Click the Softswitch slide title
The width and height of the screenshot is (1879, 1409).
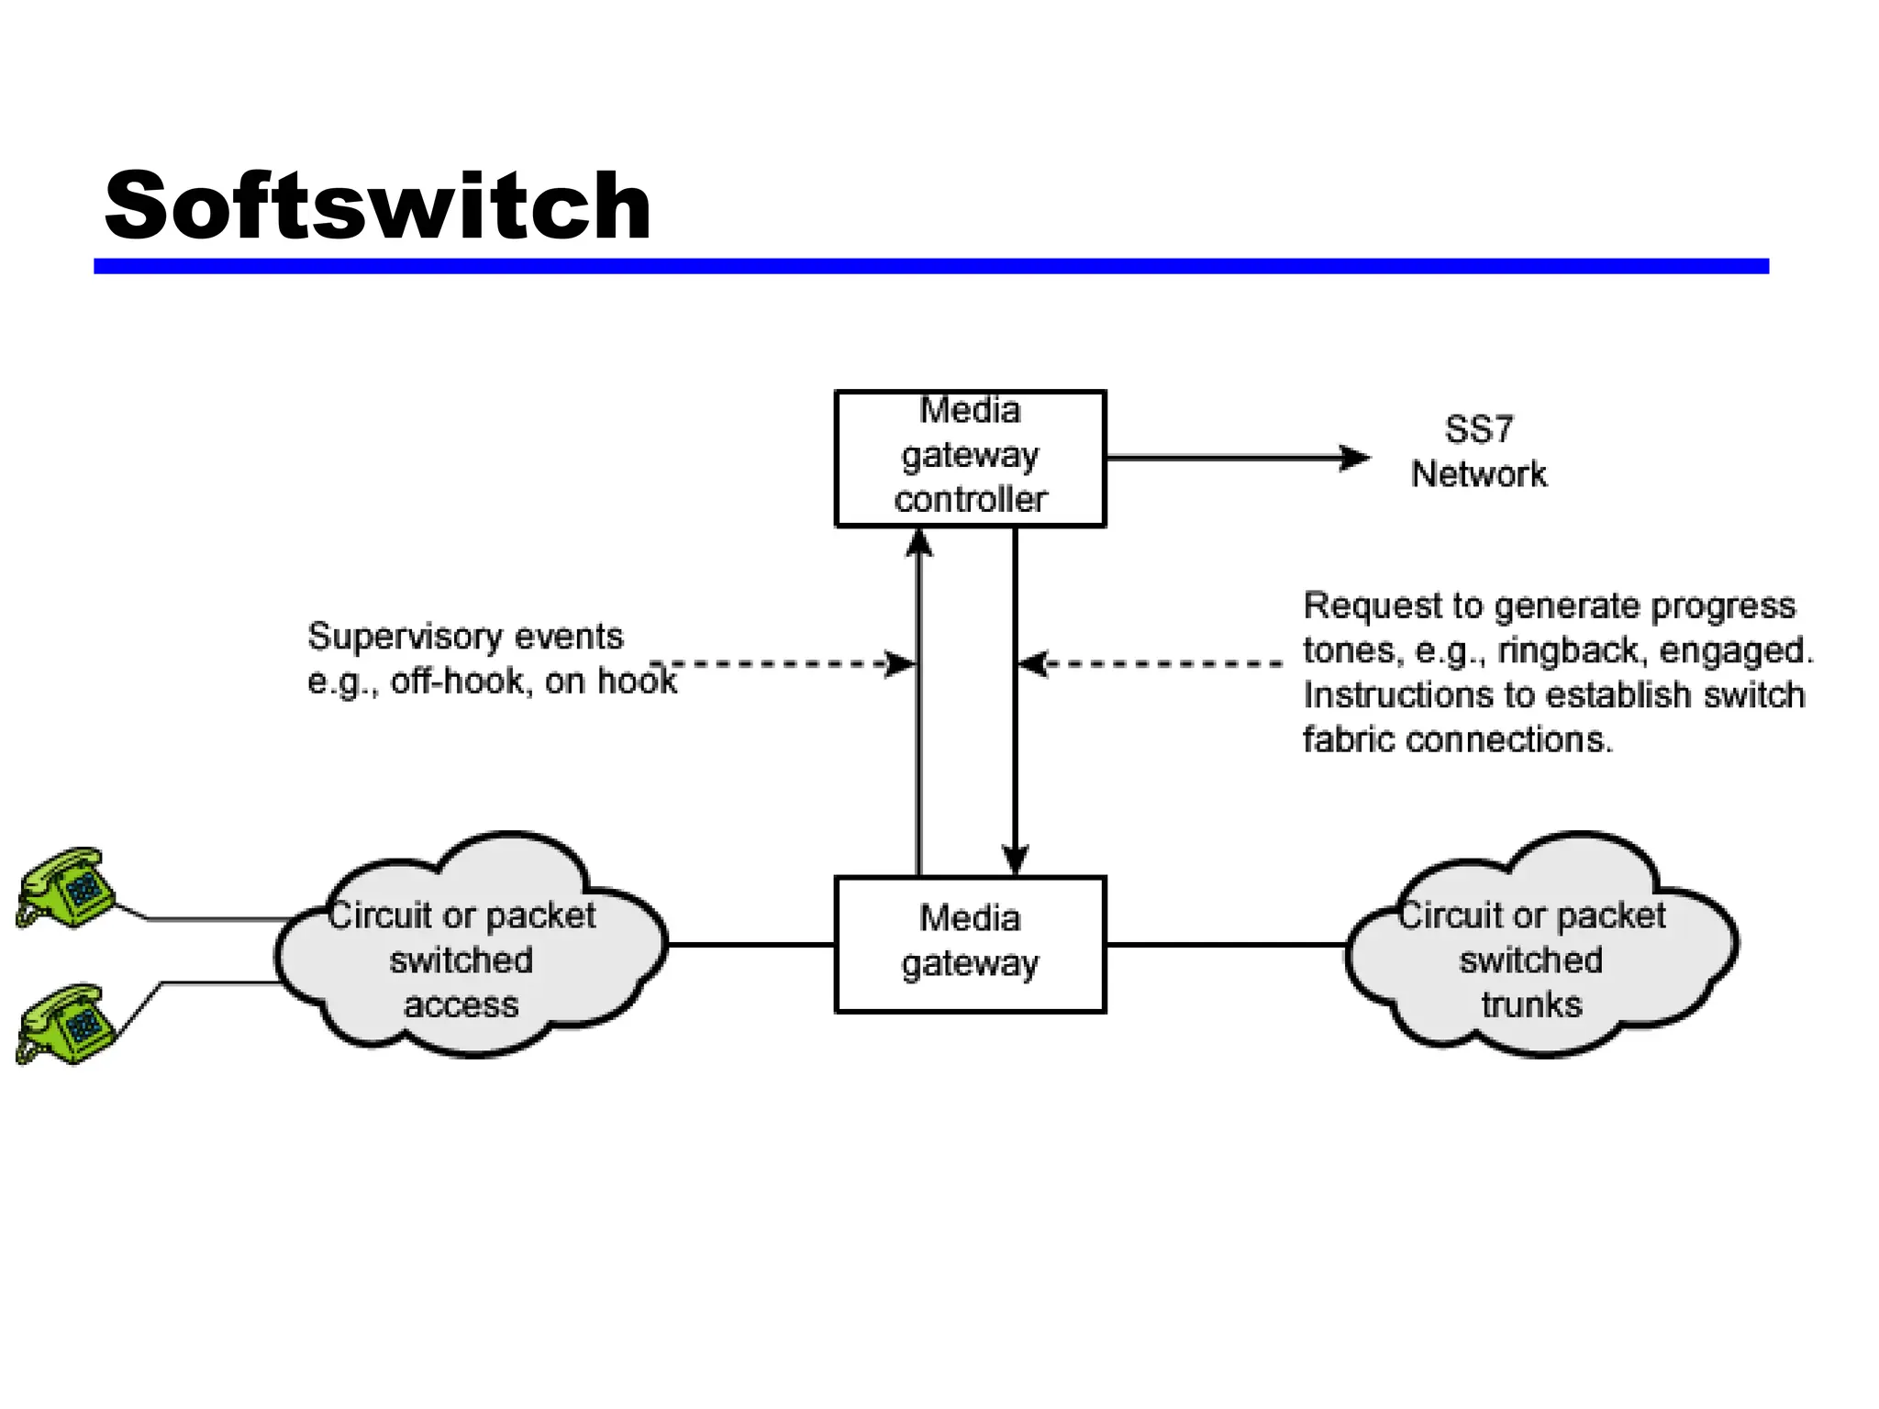[377, 206]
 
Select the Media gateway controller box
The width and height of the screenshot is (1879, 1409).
[970, 458]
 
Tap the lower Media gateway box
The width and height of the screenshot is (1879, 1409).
[970, 944]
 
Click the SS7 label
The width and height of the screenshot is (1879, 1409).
[1478, 429]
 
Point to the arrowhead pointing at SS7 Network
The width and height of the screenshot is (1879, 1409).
[1356, 458]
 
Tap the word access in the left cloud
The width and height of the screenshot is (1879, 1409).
[461, 1004]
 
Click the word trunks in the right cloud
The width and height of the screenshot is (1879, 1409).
[1531, 1004]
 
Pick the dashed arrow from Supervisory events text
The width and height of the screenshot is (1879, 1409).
[780, 663]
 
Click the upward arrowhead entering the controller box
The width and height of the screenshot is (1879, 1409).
[919, 543]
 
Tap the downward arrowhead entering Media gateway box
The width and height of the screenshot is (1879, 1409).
[1015, 860]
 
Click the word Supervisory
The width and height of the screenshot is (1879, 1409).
[406, 636]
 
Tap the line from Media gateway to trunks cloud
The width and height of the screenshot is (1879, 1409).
[1225, 944]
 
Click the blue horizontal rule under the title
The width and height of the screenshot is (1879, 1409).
[930, 266]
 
